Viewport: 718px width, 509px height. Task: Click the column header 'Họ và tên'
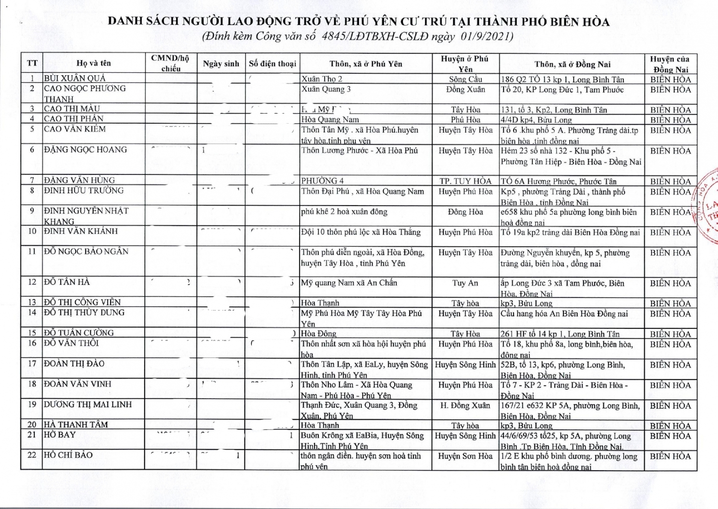[x=94, y=63]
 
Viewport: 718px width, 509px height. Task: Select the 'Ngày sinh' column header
[x=221, y=64]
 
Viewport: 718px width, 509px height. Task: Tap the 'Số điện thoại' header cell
[x=272, y=64]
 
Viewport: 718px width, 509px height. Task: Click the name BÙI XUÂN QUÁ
[x=75, y=79]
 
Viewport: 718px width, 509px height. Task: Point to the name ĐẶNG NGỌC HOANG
[x=86, y=150]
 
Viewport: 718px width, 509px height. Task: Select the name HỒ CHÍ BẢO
[x=68, y=455]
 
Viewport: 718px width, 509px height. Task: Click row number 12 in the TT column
[x=32, y=282]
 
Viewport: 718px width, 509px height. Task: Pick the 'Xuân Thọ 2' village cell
[x=322, y=79]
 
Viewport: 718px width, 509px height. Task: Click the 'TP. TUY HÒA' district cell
[x=465, y=181]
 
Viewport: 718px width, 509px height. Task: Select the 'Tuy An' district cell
[x=465, y=283]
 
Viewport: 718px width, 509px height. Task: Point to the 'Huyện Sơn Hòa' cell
[x=465, y=456]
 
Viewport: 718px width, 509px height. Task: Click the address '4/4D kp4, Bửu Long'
[x=536, y=120]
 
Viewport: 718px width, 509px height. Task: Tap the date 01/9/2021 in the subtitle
[x=487, y=36]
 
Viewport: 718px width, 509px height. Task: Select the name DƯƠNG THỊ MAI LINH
[x=88, y=405]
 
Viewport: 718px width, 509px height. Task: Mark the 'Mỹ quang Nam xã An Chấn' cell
[x=349, y=283]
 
